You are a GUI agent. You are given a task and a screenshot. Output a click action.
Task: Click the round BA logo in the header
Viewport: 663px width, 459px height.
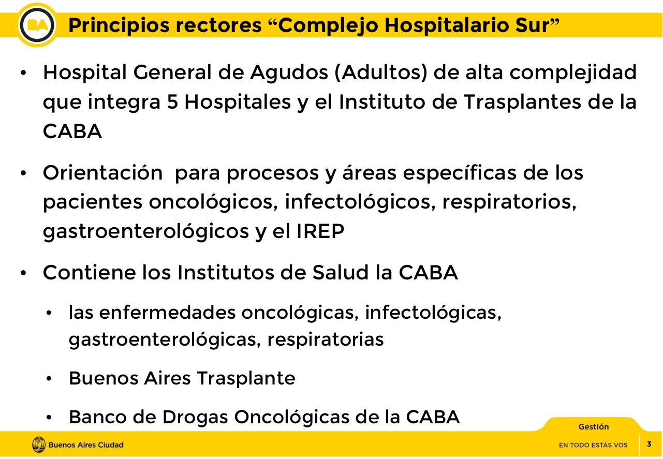(37, 25)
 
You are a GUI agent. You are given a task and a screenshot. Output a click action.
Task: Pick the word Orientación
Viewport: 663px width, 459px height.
(102, 173)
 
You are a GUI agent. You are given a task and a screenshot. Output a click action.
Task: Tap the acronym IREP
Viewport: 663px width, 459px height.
(320, 232)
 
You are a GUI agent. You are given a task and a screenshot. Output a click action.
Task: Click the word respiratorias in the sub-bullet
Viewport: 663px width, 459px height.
(326, 339)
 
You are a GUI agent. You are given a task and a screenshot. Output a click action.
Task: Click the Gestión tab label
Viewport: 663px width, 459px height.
(594, 427)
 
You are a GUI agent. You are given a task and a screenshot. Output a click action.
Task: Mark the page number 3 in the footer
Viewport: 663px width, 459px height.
(649, 444)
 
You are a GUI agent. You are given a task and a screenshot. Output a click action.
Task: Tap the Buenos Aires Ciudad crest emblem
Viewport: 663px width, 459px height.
(39, 445)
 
